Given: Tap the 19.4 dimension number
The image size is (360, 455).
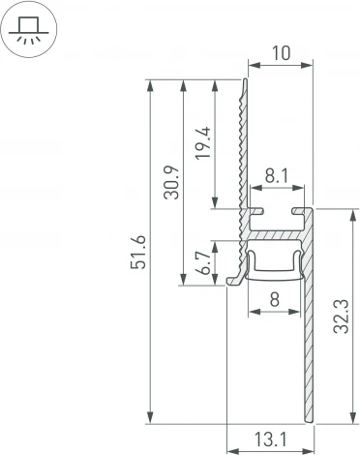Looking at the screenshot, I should (x=201, y=143).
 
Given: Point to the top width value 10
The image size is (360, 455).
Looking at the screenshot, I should (x=282, y=56).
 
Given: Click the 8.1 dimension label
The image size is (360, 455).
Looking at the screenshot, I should (x=275, y=175).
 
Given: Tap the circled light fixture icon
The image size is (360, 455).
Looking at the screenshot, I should (x=29, y=30).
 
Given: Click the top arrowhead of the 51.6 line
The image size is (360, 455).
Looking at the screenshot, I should (x=148, y=85).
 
